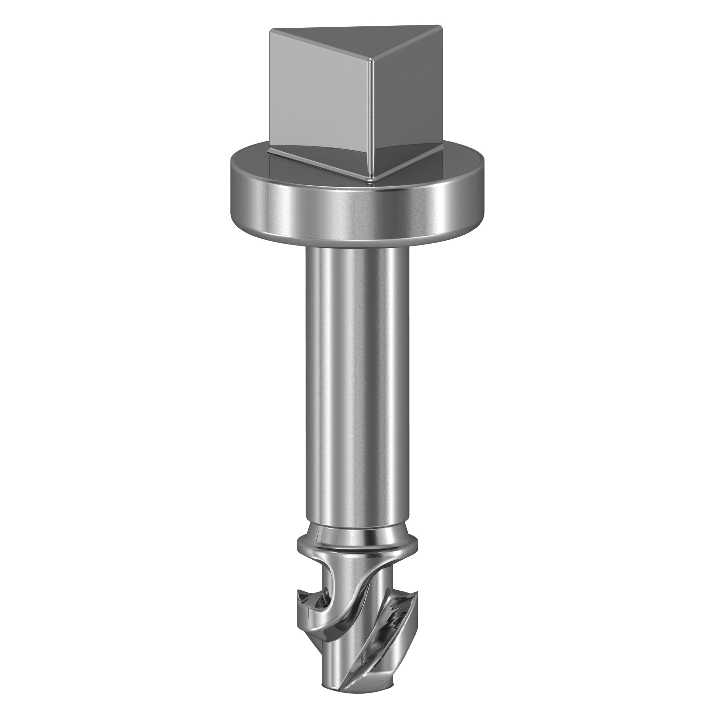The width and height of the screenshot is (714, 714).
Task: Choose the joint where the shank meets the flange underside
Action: point(357,247)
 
